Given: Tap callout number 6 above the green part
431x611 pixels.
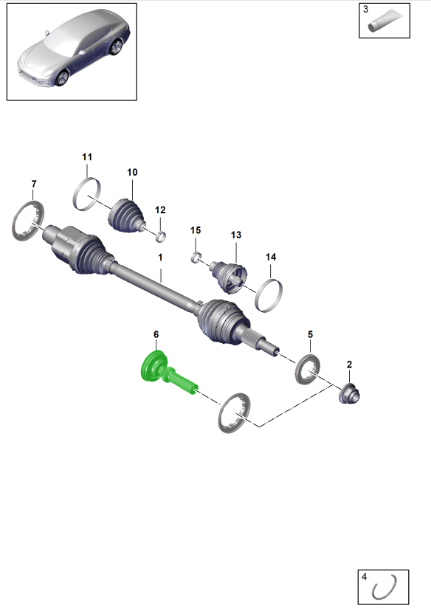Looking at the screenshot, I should click(x=156, y=335).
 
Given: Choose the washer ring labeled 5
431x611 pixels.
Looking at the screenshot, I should click(x=309, y=368).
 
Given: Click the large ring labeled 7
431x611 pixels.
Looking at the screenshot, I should click(x=29, y=221).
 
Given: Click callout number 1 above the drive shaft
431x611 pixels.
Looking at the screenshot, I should click(x=159, y=258).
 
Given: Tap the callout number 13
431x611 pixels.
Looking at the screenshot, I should click(x=235, y=235).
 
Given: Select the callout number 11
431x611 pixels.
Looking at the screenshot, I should click(x=87, y=157).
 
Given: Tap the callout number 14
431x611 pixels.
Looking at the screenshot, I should click(x=271, y=257).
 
